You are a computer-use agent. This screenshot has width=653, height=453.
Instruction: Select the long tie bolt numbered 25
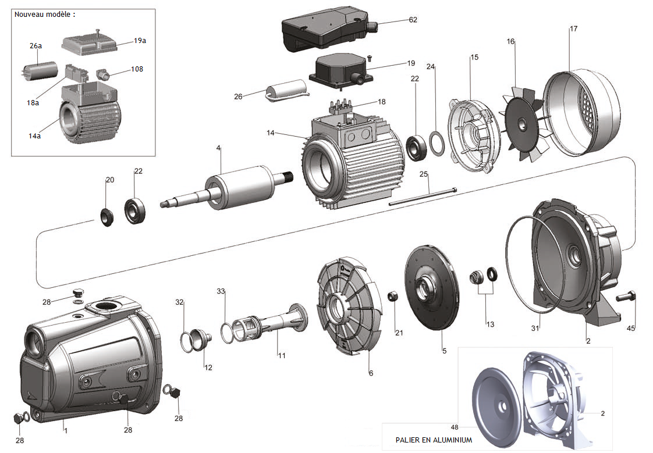click(x=423, y=197)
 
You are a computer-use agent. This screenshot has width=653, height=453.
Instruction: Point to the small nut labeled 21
click(x=392, y=296)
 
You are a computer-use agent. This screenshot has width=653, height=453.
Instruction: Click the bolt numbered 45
click(x=627, y=298)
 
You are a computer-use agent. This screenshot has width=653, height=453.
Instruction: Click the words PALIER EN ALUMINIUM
click(x=433, y=440)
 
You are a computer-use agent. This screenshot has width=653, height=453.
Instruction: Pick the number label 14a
click(x=35, y=135)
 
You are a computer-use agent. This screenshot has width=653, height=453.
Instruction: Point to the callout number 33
click(x=221, y=290)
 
